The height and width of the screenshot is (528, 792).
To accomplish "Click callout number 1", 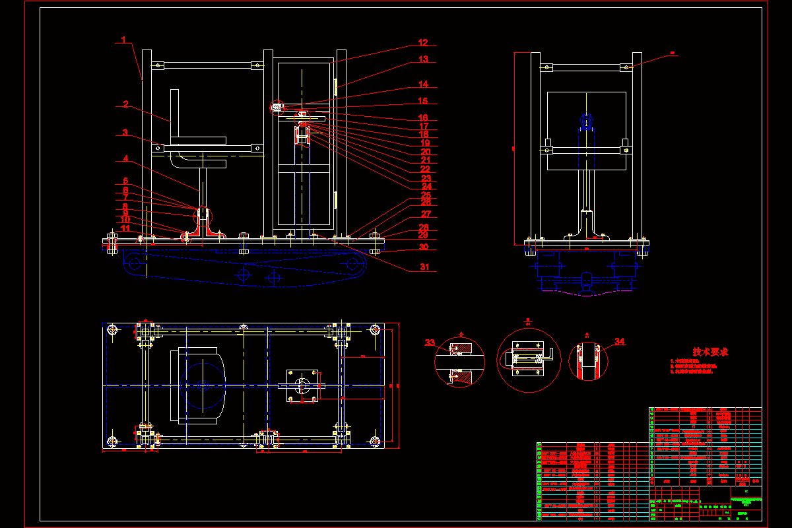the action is click(x=123, y=40).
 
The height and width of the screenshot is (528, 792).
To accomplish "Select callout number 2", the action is click(x=125, y=104).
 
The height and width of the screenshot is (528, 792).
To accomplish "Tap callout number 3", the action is click(x=125, y=133).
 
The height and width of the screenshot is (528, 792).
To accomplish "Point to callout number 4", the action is click(x=125, y=159).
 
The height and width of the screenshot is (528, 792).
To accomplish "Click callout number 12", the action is click(x=423, y=43).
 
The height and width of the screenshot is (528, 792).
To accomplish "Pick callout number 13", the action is click(x=423, y=59).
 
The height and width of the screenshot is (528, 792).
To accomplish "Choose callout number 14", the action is click(x=423, y=84).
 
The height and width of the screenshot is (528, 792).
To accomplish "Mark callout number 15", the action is click(x=423, y=102).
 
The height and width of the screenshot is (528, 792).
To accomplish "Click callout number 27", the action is click(x=426, y=214).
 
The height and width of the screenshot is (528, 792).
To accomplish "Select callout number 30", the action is click(x=424, y=247).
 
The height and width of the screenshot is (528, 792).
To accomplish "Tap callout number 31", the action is click(x=424, y=267).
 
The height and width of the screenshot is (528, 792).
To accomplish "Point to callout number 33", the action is click(x=430, y=343).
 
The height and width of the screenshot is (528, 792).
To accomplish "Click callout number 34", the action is click(x=619, y=341).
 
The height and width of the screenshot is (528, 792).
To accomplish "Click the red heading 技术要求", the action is click(x=710, y=352).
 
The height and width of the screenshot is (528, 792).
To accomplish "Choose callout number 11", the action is click(x=125, y=228).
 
